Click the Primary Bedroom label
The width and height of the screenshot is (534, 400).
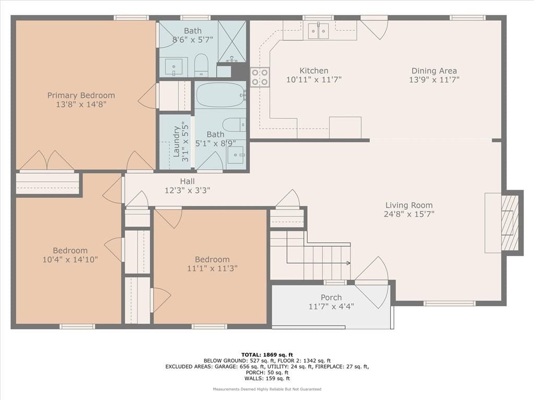[81, 95]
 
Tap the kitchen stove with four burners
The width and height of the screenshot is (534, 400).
[260, 77]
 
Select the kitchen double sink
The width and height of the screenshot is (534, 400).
[319, 31]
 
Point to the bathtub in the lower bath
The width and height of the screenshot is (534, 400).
[221, 95]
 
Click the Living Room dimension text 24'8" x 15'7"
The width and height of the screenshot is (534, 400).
[409, 214]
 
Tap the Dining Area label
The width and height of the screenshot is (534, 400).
[434, 71]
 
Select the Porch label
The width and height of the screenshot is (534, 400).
[331, 297]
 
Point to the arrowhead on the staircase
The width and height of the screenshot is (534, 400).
[348, 263]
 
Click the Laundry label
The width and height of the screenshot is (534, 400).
[176, 142]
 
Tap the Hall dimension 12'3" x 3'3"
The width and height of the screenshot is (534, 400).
[187, 190]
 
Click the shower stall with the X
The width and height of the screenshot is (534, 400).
[232, 42]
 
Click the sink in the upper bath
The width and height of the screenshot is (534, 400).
[174, 67]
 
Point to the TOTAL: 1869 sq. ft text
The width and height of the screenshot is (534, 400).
[267, 355]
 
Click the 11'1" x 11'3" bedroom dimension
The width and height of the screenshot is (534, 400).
[212, 268]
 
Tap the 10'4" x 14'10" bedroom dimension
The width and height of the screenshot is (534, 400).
[70, 259]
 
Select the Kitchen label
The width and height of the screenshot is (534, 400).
[314, 71]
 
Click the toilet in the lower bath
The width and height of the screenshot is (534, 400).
[234, 124]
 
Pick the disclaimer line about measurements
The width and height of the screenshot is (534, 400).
[267, 389]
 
